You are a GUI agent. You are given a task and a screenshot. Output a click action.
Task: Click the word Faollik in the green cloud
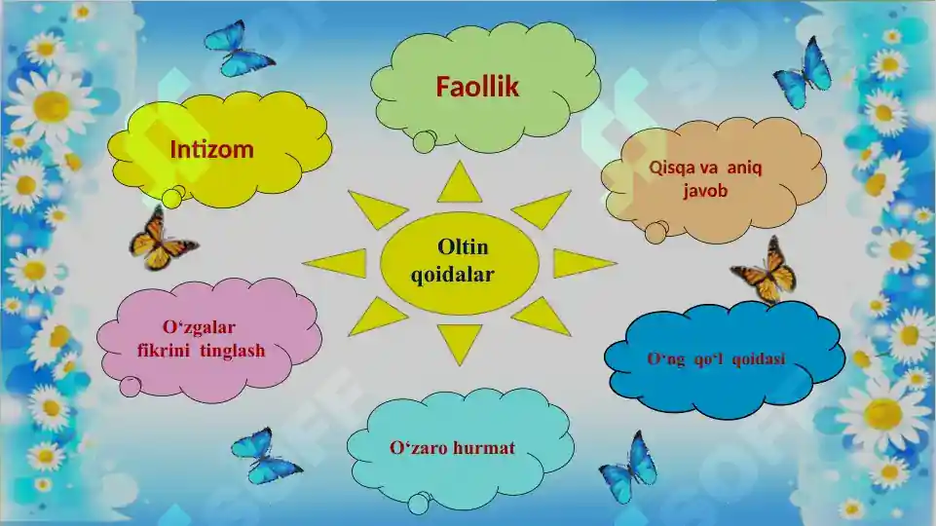coord(477,88)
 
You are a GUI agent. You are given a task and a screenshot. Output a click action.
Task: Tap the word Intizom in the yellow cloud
coord(211,150)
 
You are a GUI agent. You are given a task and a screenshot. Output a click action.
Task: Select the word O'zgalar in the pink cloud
coord(199,326)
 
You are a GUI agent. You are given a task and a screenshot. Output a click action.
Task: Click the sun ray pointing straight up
coord(459,184)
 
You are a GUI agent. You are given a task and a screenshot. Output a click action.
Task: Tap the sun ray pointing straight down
coord(459,341)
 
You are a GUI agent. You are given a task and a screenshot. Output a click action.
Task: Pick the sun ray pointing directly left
coord(337,263)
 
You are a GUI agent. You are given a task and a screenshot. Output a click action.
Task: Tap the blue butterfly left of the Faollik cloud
coord(238,49)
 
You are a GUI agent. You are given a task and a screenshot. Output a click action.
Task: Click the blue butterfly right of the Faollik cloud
coord(804,73)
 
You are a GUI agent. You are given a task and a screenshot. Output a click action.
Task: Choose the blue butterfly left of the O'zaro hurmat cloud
coord(264,456)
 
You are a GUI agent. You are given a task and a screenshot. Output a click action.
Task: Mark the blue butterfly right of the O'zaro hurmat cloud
coord(628,468)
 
